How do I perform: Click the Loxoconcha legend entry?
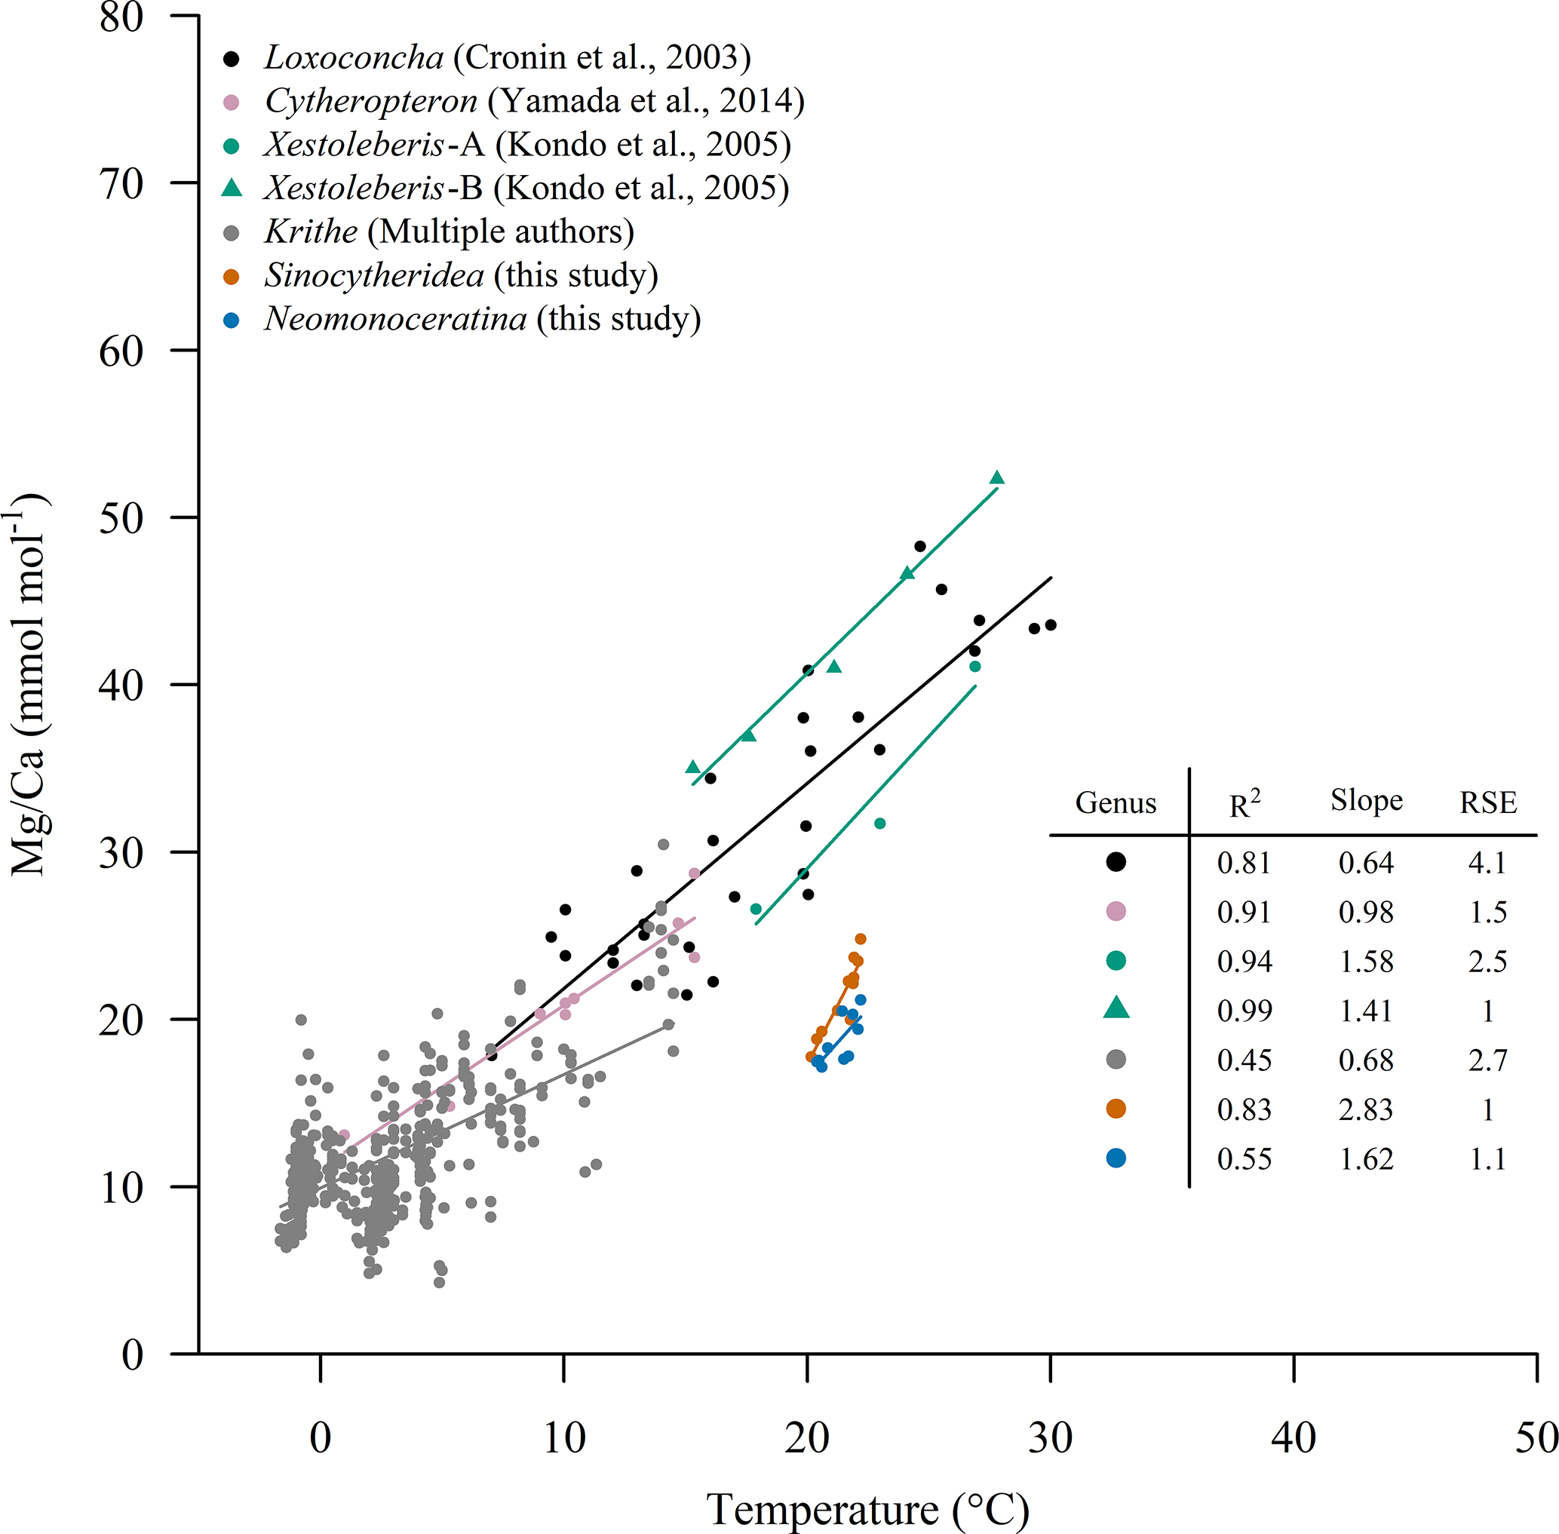508,58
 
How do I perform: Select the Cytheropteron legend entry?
534,102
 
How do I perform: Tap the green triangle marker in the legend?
232,188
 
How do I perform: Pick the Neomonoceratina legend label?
483,319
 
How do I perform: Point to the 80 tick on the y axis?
121,18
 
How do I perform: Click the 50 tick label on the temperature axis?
1536,1438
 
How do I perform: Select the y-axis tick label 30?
121,852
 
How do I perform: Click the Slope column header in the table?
1367,800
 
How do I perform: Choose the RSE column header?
1488,802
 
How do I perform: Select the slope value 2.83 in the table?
1367,1109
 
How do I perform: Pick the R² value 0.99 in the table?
1244,1011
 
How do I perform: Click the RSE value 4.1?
1487,863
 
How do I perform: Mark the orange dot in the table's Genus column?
1116,1109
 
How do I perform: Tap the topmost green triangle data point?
996,477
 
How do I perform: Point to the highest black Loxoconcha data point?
920,546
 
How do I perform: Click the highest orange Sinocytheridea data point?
861,939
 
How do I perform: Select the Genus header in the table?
1116,802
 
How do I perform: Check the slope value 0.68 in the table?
1367,1060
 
